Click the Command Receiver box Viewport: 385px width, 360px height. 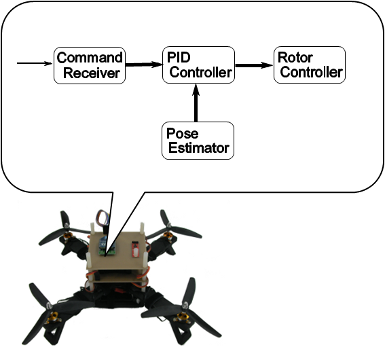click(90, 66)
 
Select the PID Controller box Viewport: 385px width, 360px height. click(198, 65)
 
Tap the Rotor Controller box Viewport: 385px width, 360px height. click(310, 65)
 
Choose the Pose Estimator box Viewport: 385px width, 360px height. click(198, 141)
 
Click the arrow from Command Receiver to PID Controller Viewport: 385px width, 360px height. click(144, 65)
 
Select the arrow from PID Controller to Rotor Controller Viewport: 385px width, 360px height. click(254, 65)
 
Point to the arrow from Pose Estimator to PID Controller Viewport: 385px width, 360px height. click(196, 103)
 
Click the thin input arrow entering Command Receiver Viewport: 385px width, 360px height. click(35, 63)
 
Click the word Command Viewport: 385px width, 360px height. click(90, 58)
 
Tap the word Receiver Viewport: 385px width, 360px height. click(92, 73)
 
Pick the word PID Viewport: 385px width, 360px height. click(179, 58)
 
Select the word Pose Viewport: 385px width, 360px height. click(182, 133)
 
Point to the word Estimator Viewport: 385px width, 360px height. click(199, 148)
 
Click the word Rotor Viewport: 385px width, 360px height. click(295, 58)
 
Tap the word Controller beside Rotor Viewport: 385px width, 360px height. click(312, 72)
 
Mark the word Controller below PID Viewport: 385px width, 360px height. click(200, 73)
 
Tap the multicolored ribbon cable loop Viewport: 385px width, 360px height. click(103, 218)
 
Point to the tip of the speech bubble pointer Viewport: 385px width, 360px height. click(105, 256)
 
